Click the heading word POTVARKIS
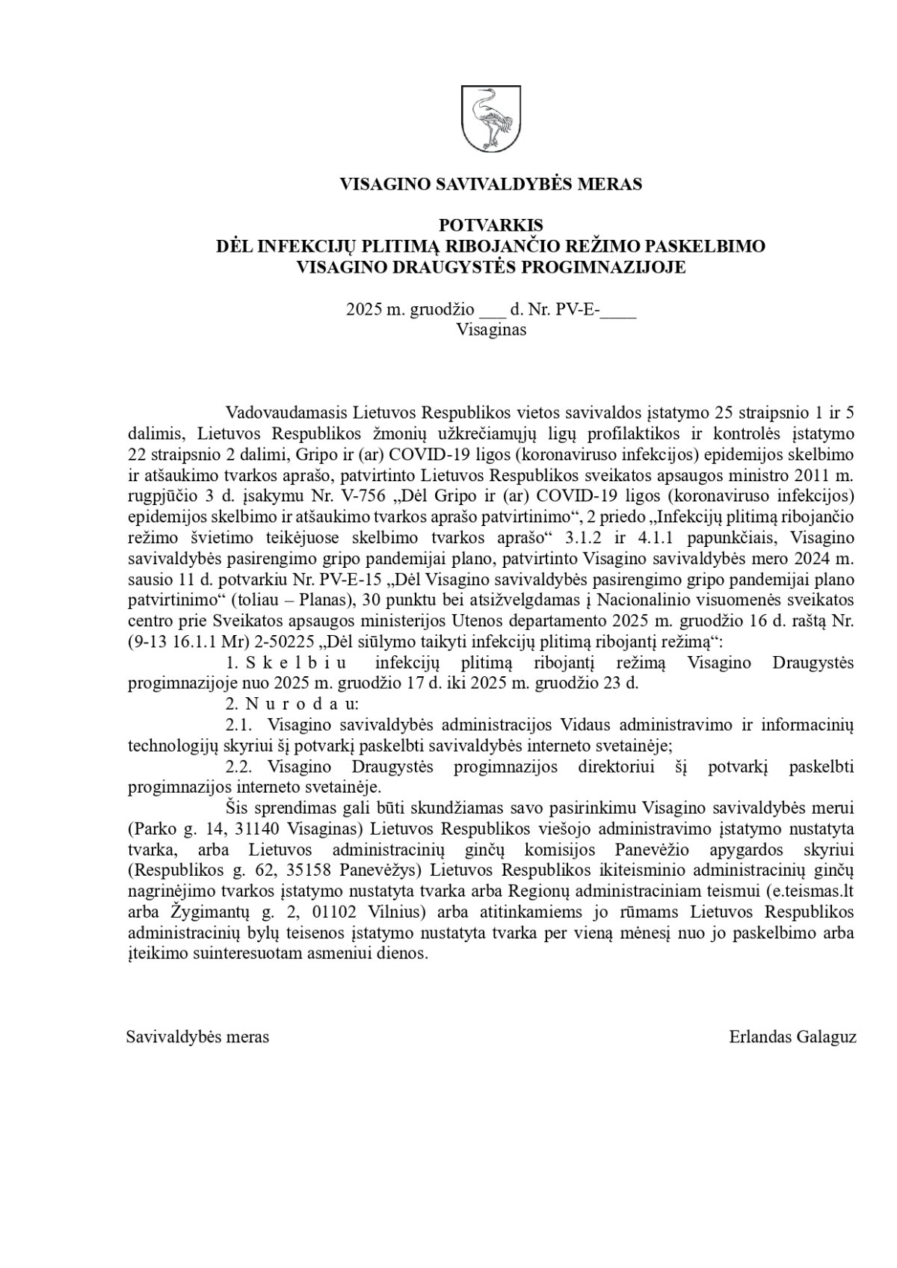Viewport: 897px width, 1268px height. [x=490, y=225]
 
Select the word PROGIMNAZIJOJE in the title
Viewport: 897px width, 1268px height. [x=609, y=267]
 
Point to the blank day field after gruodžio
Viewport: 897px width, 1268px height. [x=492, y=310]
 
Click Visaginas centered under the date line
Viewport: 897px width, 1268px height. [x=490, y=330]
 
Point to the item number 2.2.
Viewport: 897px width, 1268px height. [x=240, y=767]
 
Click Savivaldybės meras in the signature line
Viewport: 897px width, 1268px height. [x=198, y=1037]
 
